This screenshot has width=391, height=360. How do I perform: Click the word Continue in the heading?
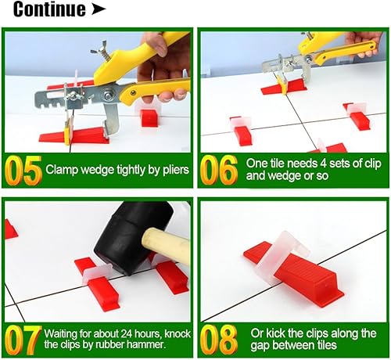[49, 9]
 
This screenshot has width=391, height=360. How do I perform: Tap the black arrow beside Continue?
[99, 9]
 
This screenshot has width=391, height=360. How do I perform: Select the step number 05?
[23, 170]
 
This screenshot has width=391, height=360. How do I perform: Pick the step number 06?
[219, 170]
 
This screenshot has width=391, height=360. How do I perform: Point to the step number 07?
[23, 340]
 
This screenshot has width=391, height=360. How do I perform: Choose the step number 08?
[219, 340]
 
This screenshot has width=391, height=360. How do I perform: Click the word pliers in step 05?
[176, 170]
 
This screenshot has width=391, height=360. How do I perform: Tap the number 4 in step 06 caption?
[323, 164]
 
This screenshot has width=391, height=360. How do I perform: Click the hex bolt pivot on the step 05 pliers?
[107, 95]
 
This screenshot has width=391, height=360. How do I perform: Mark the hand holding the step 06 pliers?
[365, 43]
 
